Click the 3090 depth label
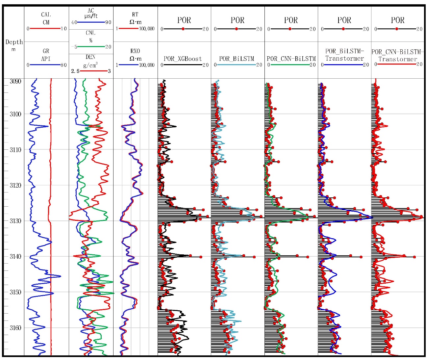click(15, 81)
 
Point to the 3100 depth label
click(15, 114)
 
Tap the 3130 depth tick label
click(15, 221)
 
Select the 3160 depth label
click(15, 328)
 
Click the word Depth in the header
click(14, 42)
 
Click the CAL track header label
click(46, 15)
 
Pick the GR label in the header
click(46, 51)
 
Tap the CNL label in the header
click(91, 33)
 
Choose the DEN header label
click(91, 57)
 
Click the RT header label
click(135, 15)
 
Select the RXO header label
click(135, 51)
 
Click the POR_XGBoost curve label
click(183, 59)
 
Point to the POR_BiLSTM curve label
click(237, 59)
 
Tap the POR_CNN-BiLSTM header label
click(291, 59)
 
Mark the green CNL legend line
click(91, 47)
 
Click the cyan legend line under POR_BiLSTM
click(237, 65)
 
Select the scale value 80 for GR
click(63, 65)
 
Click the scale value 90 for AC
click(108, 22)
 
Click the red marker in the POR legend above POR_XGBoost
click(183, 29)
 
